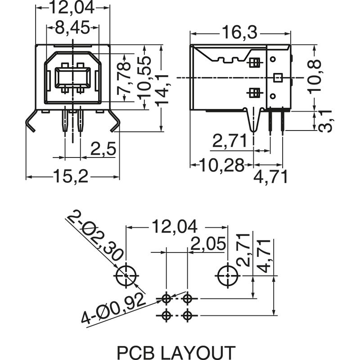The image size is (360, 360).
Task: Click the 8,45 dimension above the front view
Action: [72, 27]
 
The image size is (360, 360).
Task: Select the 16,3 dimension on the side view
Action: [240, 32]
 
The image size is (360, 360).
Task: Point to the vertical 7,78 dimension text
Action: [124, 77]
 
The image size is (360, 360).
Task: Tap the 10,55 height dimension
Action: [144, 77]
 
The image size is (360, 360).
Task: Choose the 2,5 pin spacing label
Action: [103, 149]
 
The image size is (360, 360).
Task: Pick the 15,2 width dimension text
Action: [71, 176]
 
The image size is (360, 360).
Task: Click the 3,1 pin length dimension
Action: [325, 121]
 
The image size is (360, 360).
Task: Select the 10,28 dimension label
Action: [222, 165]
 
